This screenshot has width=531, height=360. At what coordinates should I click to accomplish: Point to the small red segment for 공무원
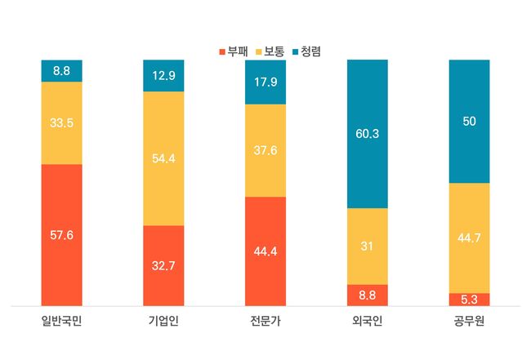[469, 300]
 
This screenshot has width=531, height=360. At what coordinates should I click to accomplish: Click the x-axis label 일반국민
[62, 319]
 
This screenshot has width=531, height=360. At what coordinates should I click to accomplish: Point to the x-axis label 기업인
[163, 319]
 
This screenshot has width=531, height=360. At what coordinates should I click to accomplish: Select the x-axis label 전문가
[265, 319]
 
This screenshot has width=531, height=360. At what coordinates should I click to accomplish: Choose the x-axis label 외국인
[367, 319]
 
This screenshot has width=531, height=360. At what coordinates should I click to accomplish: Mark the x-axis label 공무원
[469, 319]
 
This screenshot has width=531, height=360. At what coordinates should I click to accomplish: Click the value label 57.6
[62, 235]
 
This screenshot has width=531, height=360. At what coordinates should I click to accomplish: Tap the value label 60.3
[367, 134]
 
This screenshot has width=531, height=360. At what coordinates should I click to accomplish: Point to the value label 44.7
[469, 238]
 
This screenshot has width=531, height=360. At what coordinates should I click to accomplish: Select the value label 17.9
[265, 82]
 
